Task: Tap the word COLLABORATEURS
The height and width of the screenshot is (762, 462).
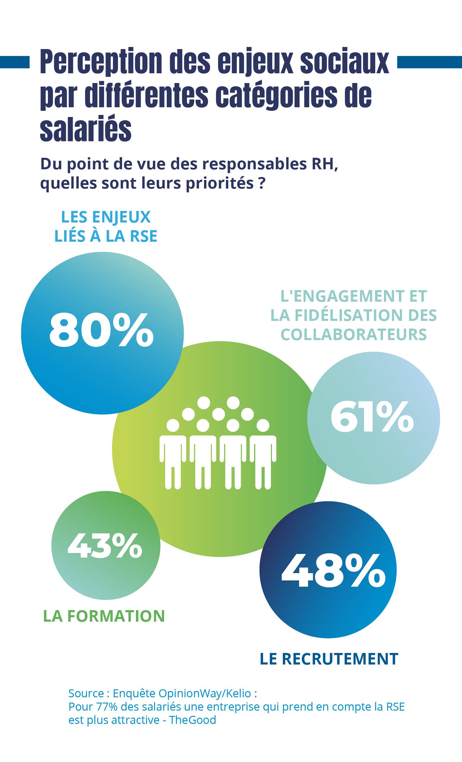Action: tap(354, 334)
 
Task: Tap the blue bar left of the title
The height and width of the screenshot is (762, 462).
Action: tap(14, 62)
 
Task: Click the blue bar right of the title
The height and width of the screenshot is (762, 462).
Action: tap(429, 62)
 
